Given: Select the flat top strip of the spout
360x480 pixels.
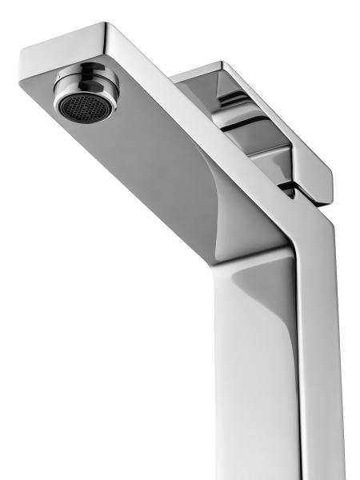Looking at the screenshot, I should (x=200, y=104).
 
